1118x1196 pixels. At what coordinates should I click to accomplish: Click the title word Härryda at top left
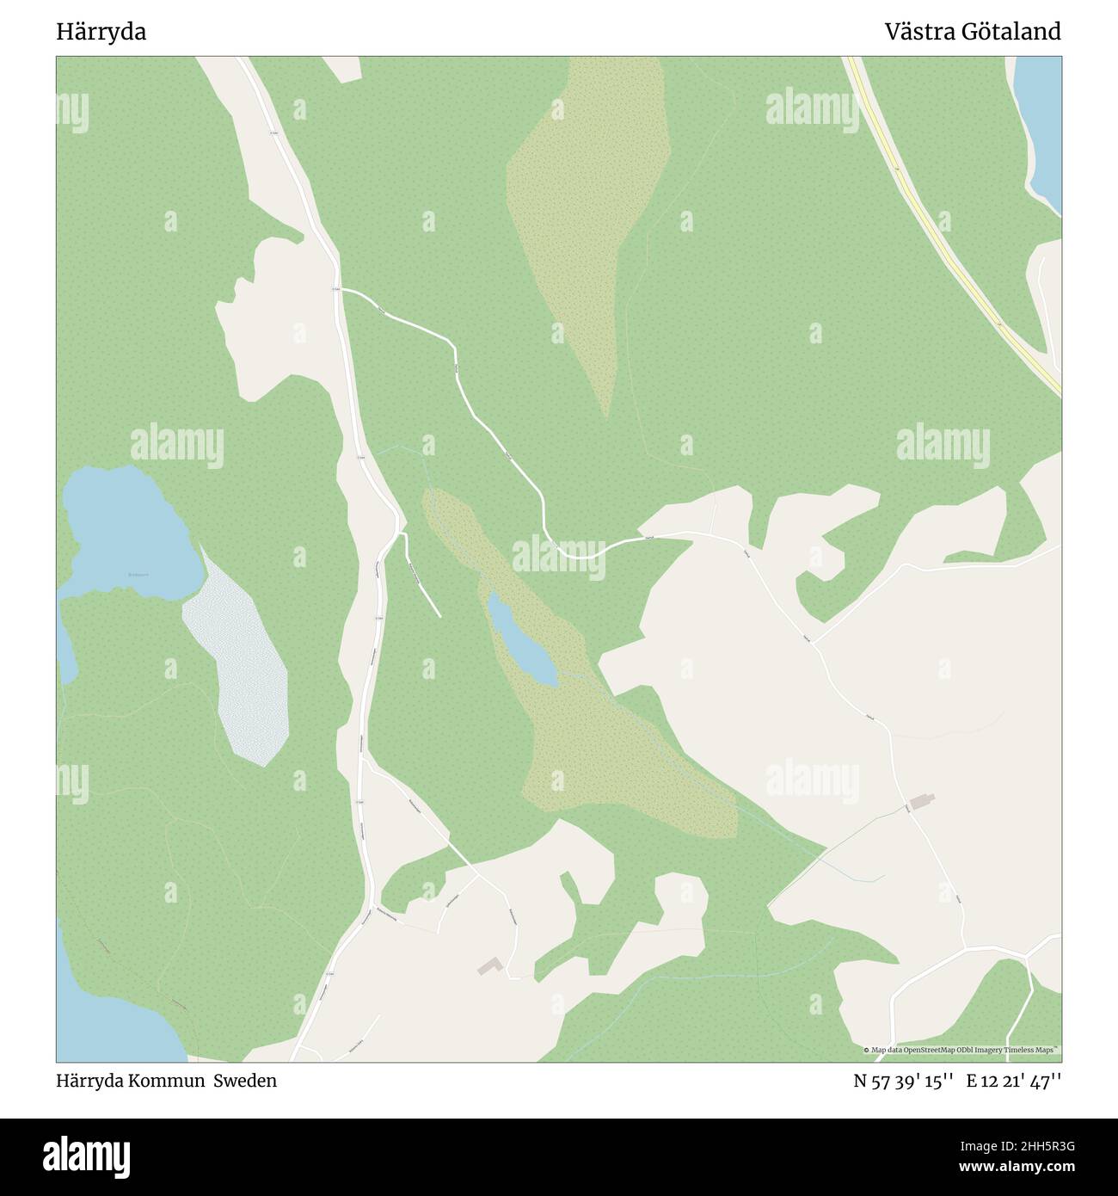[101, 33]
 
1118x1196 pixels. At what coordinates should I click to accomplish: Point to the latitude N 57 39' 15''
[903, 1081]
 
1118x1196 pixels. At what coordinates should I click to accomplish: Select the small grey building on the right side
[922, 802]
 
